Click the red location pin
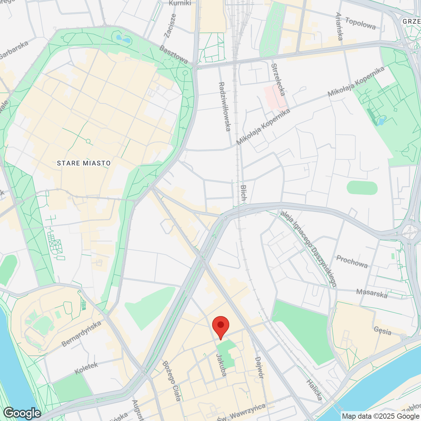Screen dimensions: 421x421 (220, 326)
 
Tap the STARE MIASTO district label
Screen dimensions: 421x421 (84, 163)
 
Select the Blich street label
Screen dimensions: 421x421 (243, 193)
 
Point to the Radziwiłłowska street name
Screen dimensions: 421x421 (225, 107)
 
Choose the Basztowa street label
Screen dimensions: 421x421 (174, 54)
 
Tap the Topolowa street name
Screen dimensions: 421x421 (360, 23)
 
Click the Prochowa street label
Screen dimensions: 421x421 (352, 262)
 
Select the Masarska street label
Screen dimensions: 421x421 (372, 293)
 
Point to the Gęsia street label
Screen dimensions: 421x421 (383, 331)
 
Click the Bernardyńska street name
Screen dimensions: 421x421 (81, 334)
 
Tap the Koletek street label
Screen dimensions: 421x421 (86, 368)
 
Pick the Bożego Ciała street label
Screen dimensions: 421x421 (171, 381)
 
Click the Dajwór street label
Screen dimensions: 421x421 (259, 367)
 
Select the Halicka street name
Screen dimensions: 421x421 (314, 390)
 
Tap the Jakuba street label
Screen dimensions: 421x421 (221, 365)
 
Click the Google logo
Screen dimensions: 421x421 (22, 413)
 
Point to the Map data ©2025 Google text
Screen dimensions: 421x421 (381, 416)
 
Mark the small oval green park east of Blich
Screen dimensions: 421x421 (362, 187)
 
